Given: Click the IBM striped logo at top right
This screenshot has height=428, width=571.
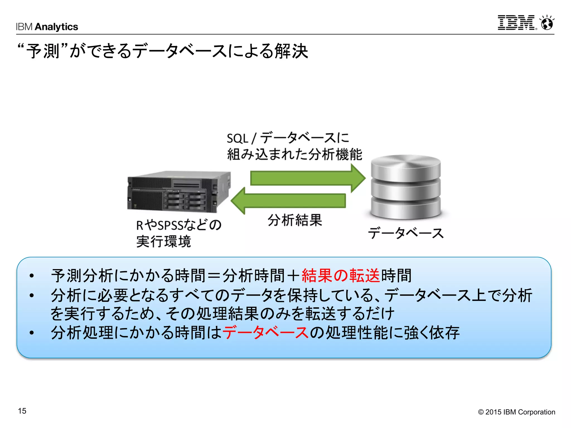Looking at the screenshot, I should point(516,23).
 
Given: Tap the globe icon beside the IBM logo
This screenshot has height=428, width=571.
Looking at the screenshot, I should point(547,23).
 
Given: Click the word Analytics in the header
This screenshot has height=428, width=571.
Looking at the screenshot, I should point(57,27).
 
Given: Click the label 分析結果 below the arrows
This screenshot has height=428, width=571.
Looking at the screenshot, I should point(295,220).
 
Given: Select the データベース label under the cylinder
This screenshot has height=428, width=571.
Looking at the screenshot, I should point(406,233).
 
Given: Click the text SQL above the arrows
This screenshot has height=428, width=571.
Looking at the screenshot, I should point(237,138).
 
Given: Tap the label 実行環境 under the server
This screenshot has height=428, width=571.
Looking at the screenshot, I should point(164,241).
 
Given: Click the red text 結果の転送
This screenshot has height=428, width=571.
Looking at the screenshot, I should point(340,276).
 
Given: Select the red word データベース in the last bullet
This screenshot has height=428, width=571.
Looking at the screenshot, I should point(265,332).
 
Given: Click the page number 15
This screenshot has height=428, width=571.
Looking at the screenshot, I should point(22,411).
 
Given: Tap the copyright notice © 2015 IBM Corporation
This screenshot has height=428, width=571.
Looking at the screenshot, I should point(516,412).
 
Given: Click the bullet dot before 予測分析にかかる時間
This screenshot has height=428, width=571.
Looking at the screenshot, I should point(32,276).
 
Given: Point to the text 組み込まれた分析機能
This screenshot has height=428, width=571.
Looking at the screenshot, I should point(294,154).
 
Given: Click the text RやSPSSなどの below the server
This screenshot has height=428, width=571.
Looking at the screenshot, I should point(179,225).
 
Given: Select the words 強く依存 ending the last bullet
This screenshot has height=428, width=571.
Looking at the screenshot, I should point(432,332).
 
